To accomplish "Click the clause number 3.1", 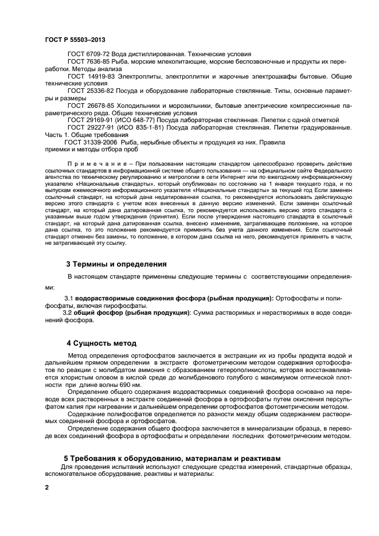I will click(x=69, y=299).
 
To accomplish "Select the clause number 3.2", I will click(x=68, y=313).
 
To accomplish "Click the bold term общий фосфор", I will click(x=101, y=313).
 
